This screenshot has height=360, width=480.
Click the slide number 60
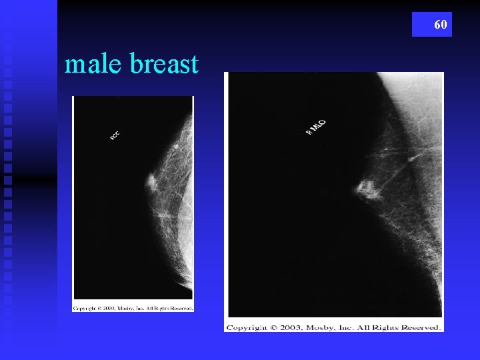click(440, 25)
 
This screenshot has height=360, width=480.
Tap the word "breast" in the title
click(165, 65)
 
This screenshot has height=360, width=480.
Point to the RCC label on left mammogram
click(115, 135)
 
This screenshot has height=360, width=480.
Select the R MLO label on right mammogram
click(316, 127)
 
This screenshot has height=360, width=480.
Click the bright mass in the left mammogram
click(151, 180)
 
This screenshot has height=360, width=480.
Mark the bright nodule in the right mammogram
click(367, 191)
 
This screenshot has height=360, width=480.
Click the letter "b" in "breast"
click(135, 65)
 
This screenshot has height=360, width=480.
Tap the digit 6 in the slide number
click(437, 25)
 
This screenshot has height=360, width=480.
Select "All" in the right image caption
click(367, 327)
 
